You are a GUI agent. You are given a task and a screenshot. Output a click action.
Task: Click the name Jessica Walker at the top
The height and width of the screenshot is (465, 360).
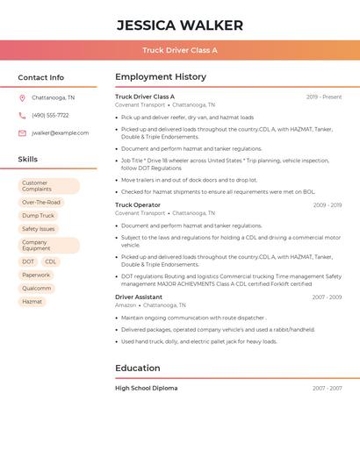point(180,25)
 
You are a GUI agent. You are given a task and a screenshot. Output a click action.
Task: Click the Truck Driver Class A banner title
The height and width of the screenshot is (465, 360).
point(180,50)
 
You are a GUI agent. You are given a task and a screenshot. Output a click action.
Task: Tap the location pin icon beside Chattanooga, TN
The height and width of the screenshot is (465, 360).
point(22,97)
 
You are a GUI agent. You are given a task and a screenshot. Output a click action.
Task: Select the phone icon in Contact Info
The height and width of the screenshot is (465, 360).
point(22,115)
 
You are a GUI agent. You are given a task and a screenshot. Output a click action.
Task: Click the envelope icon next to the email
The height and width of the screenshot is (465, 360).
point(22,133)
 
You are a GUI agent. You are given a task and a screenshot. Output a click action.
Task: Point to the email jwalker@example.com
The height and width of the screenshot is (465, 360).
point(60,133)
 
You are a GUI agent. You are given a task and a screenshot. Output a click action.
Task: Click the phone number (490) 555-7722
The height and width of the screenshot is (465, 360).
point(50,115)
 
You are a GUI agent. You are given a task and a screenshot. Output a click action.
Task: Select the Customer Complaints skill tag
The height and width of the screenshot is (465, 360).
point(48,186)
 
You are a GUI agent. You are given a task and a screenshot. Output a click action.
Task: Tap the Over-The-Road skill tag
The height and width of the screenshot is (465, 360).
point(41,203)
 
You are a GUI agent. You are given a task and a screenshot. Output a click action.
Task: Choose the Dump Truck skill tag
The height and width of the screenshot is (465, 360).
point(38,216)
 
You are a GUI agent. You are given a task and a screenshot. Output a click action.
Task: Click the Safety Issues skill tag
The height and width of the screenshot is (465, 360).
point(39,229)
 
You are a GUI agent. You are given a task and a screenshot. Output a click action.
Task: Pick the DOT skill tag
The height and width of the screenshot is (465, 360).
point(28,261)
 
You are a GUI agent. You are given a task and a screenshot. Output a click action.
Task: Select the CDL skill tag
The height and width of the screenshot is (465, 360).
point(50,261)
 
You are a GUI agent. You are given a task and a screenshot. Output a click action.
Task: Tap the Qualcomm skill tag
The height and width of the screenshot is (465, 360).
point(37,289)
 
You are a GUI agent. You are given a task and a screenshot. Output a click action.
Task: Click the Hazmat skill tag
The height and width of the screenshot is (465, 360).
point(32,302)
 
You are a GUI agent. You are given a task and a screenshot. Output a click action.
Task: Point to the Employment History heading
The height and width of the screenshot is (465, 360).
point(161,77)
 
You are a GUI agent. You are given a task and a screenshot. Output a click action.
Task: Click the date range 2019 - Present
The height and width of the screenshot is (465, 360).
point(324,97)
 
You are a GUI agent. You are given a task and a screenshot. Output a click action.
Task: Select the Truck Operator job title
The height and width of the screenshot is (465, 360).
point(138,205)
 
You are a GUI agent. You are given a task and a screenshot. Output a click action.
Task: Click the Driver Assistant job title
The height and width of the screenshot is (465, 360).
point(139,297)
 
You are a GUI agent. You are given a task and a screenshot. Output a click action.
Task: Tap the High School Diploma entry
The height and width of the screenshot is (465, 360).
point(146,388)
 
